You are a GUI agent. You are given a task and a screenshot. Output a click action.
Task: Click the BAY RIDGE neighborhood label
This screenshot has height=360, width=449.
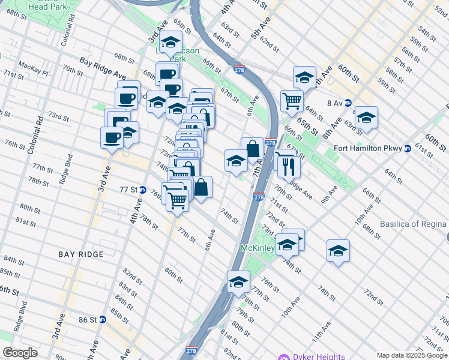coord(81,254)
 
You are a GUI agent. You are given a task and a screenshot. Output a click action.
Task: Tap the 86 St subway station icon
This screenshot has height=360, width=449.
coord(102,320)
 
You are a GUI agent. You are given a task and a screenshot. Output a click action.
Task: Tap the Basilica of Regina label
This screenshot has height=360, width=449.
coord(414,224)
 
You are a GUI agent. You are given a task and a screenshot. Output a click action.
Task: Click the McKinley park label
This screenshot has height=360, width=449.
coord(258,248)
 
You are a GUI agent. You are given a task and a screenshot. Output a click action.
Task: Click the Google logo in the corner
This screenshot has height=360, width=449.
coord(20,353)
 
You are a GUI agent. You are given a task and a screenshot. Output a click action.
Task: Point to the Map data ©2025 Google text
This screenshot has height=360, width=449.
coord(412,355)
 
